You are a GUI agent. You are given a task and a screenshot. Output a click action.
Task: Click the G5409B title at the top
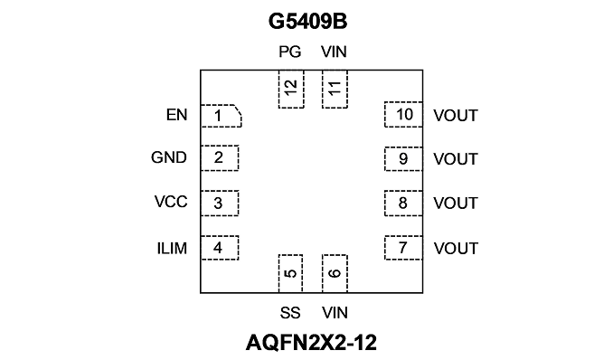[307, 21]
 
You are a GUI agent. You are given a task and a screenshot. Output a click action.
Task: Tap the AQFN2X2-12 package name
[311, 343]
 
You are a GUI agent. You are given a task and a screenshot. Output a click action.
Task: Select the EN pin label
[176, 115]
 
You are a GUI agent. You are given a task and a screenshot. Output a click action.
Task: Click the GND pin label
[169, 157]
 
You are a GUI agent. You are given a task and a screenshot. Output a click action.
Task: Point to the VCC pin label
[171, 202]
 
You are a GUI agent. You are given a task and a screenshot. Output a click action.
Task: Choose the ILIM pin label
[172, 249]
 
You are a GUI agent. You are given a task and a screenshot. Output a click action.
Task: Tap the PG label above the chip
[290, 52]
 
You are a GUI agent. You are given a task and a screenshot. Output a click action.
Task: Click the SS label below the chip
[290, 313]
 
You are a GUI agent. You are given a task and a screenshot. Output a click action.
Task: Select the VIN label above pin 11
[334, 52]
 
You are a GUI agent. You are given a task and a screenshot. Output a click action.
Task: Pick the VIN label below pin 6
[335, 313]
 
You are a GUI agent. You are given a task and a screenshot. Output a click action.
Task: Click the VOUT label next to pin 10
[456, 116]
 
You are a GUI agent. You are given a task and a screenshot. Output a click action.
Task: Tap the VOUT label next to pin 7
[456, 249]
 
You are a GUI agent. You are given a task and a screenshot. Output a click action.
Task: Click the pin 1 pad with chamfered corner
[221, 116]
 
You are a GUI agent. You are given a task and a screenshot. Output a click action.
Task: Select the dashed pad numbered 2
[220, 158]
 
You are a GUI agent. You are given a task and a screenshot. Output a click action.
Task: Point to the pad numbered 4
[220, 248]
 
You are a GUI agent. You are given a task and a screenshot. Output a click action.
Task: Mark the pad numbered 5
[290, 273]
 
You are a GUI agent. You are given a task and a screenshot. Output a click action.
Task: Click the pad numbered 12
[291, 90]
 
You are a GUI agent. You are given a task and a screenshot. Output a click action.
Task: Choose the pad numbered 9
[403, 159]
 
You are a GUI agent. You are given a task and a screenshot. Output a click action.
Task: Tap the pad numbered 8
[403, 204]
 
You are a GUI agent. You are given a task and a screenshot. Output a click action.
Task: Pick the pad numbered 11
[335, 90]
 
